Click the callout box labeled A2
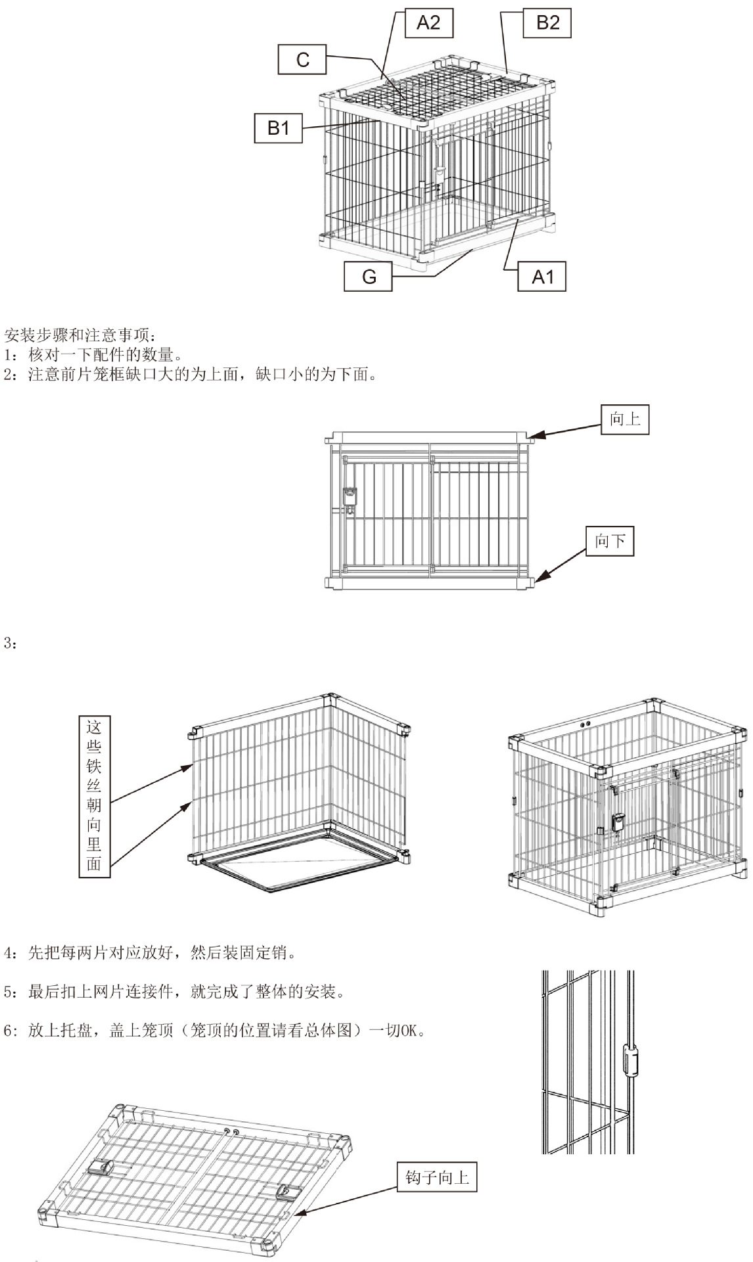coord(428,23)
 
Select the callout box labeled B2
coord(547,23)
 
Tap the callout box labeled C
coord(302,60)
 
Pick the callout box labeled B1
coord(278,128)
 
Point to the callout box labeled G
coord(368,276)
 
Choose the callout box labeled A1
coord(542,277)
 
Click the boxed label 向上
coord(625,419)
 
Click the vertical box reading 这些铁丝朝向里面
coord(94,796)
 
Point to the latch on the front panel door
coord(351,497)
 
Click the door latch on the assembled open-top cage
coord(619,822)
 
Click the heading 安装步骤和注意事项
coord(80,336)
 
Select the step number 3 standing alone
coord(9,643)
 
